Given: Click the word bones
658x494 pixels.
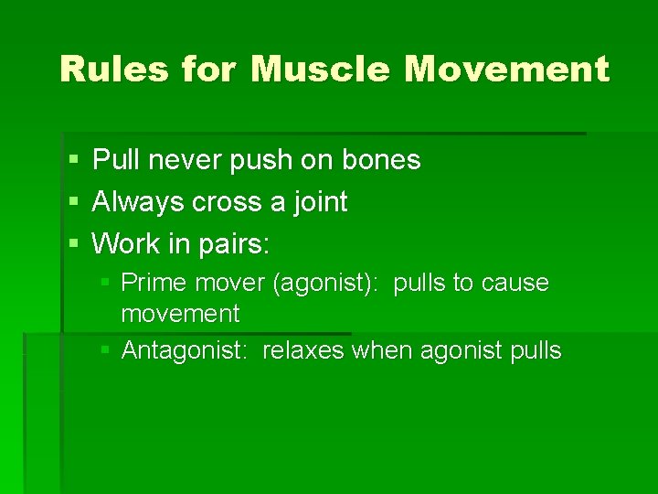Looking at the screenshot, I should [x=380, y=161].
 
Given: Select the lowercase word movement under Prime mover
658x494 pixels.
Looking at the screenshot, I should [x=180, y=315].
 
